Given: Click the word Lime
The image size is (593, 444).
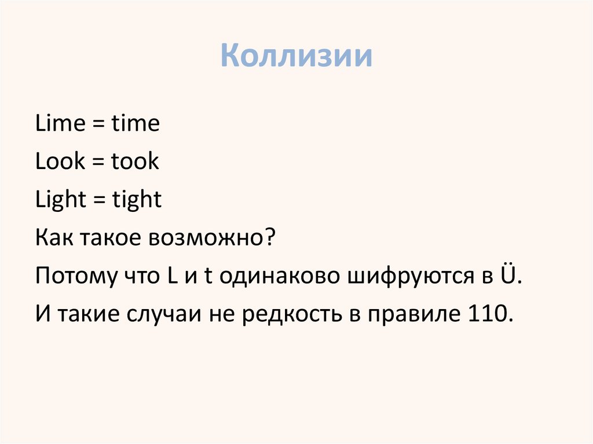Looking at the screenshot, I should click(58, 124).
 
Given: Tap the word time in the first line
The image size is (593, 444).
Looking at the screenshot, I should click(136, 124).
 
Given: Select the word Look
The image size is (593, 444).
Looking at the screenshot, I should click(60, 162).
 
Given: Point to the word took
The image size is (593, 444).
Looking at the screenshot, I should click(135, 162).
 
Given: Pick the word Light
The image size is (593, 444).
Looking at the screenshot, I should click(60, 200).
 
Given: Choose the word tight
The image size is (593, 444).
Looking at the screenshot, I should click(137, 200).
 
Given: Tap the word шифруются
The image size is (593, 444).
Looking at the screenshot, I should click(408, 277).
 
